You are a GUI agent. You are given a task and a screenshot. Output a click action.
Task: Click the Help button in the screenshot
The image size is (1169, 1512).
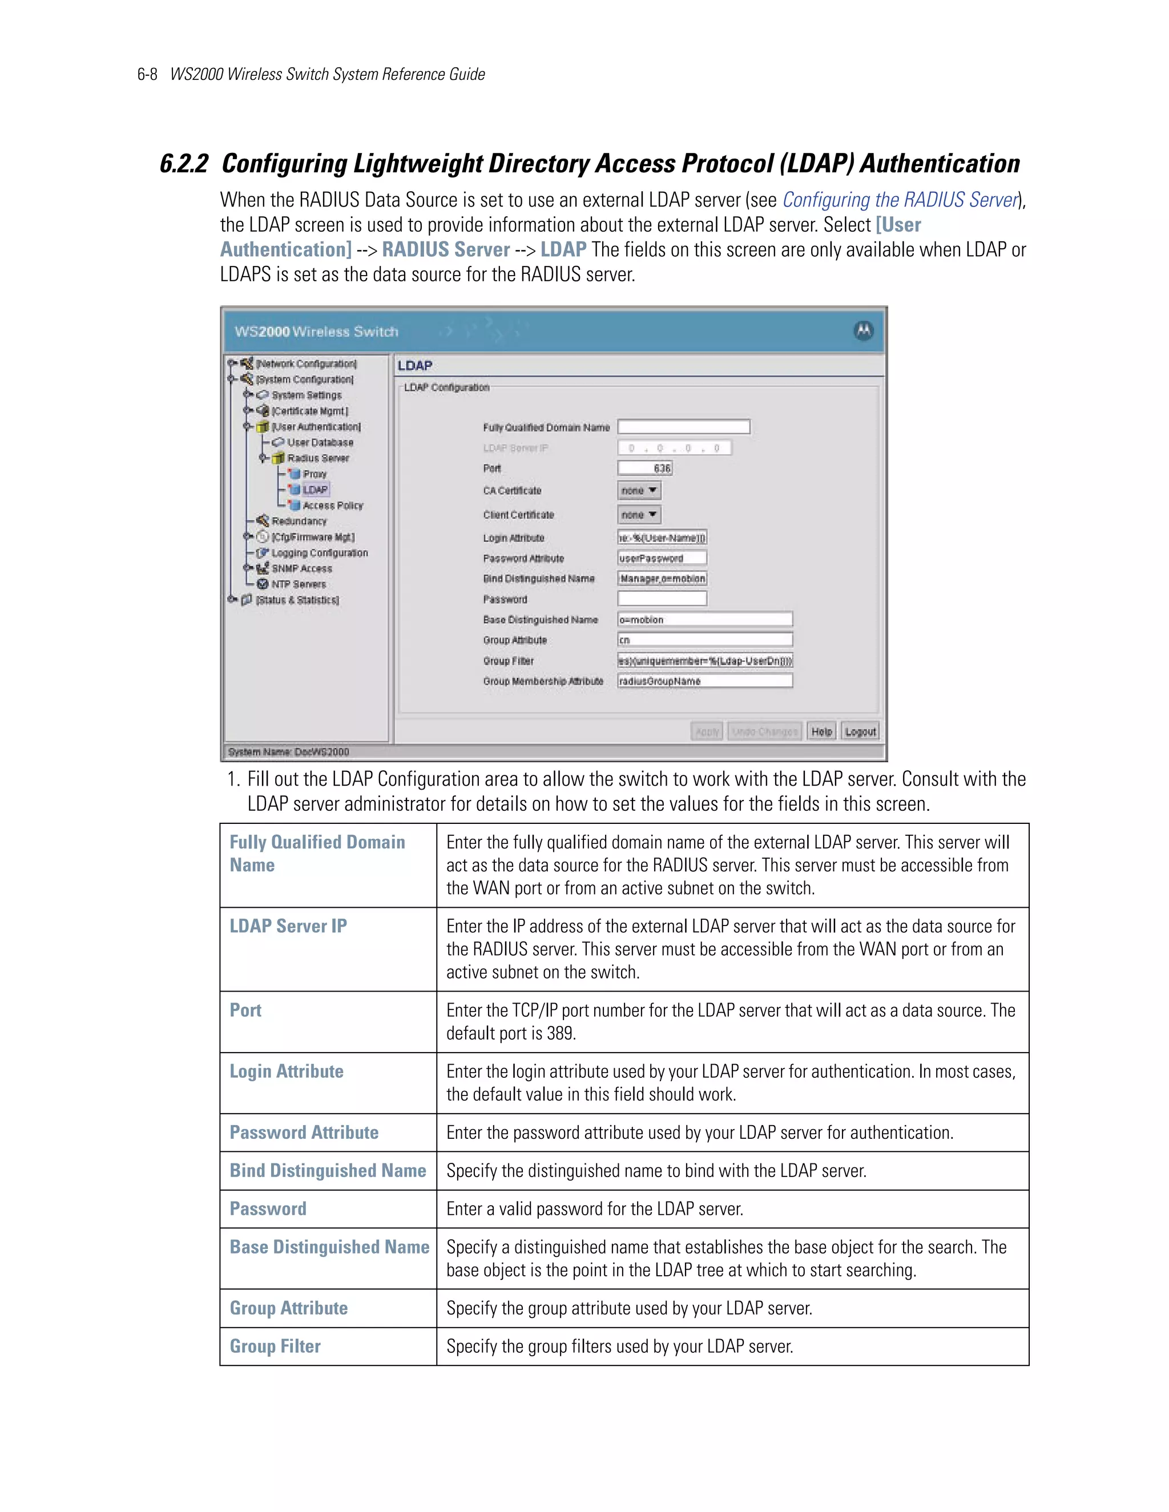(821, 732)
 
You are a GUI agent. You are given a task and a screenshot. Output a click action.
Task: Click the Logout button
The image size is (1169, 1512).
(860, 732)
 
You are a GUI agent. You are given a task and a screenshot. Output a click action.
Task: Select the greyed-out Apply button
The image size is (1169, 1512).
(707, 732)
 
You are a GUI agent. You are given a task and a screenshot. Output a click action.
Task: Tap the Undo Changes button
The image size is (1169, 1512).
(764, 732)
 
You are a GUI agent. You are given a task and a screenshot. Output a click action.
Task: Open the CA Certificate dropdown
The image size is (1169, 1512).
(639, 491)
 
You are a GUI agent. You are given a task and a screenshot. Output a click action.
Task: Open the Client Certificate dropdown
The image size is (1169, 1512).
(639, 515)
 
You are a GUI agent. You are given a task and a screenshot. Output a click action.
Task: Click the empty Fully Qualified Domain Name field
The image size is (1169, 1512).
(683, 427)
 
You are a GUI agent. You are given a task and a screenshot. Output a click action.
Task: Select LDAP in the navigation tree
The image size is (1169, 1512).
(315, 490)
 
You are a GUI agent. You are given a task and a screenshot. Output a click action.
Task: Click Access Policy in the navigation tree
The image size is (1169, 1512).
(332, 506)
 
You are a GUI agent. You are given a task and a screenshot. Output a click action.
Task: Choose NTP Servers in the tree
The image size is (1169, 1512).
(298, 584)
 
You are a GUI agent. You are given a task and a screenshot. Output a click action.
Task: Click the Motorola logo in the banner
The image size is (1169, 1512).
(863, 331)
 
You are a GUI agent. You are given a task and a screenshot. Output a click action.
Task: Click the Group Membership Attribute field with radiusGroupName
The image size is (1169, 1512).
(704, 681)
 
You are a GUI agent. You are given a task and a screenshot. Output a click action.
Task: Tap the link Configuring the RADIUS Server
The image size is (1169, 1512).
(900, 200)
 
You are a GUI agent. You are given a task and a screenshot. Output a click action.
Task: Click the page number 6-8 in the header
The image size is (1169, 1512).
(147, 75)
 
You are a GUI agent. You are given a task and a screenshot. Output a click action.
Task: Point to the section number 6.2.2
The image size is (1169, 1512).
(184, 164)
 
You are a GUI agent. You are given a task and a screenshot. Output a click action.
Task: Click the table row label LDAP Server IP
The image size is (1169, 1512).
(288, 926)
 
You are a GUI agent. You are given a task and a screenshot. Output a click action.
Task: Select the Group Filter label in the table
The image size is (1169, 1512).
(275, 1347)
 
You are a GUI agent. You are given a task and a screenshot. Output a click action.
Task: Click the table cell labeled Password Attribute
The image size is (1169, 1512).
(304, 1133)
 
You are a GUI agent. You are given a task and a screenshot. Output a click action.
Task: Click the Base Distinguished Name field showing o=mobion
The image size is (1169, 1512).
(704, 620)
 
